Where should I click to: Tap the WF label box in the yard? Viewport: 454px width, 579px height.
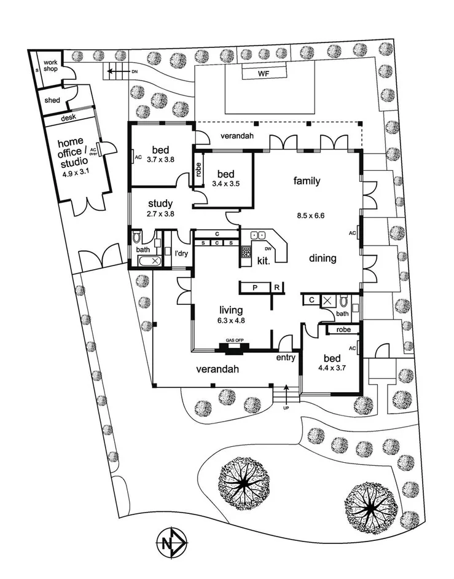(264, 74)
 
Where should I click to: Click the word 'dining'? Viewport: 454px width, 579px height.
(323, 259)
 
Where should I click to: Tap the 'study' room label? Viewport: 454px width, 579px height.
(160, 203)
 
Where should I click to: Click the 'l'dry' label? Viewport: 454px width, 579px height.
(181, 253)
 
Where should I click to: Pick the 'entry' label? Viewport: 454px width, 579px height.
(286, 357)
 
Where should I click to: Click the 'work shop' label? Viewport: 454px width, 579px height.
(50, 66)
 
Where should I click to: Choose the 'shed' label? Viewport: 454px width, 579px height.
(52, 100)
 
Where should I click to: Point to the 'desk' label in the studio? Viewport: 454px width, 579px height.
(68, 118)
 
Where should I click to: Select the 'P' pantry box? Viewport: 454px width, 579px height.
(254, 288)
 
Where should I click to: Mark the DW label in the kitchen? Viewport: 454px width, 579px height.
(268, 248)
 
